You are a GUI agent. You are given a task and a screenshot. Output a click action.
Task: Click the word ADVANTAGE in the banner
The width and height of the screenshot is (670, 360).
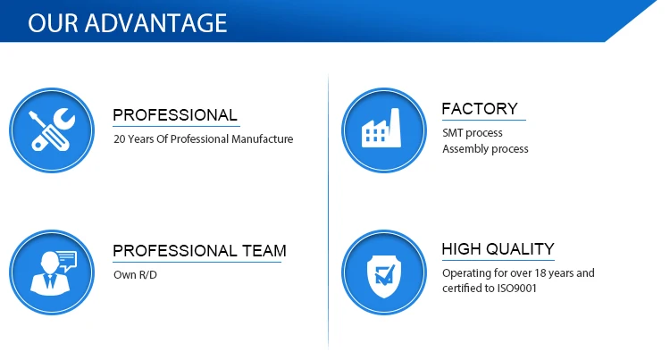[156, 23]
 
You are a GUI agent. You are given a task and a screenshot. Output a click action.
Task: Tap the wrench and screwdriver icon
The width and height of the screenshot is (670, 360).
[52, 130]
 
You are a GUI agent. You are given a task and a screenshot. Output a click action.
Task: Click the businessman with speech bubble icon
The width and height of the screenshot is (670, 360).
[52, 272]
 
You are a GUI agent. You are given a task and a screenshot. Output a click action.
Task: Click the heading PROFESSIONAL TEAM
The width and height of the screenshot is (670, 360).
[199, 251]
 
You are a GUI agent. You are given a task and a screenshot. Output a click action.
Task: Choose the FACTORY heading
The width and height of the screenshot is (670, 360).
[480, 109]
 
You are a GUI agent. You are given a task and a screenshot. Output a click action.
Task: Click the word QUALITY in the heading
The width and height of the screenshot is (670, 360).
[520, 249]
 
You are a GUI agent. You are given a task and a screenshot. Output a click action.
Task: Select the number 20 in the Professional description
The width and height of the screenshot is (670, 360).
[119, 139]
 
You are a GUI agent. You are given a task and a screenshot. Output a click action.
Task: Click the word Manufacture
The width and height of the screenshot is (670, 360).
[262, 139]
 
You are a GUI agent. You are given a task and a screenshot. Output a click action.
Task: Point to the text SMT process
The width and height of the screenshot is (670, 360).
[473, 133]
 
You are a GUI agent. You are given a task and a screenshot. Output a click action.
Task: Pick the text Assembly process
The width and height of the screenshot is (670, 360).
[485, 148]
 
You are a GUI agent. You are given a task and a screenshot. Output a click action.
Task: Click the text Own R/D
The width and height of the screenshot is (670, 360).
[135, 274]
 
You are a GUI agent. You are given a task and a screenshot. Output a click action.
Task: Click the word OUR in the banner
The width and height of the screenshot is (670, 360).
[53, 23]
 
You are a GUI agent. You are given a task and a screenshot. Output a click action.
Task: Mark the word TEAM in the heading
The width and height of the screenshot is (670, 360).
[264, 251]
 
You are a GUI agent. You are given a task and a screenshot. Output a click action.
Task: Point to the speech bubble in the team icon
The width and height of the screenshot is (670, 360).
[67, 260]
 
